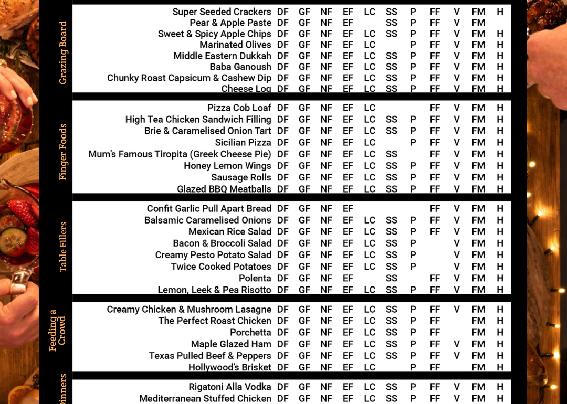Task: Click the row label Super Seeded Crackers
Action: tap(222, 12)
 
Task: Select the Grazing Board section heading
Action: tap(63, 52)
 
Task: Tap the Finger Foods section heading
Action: tap(63, 152)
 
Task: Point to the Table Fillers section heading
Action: tap(63, 247)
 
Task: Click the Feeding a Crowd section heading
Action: tap(57, 330)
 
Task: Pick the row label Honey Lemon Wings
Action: tap(227, 166)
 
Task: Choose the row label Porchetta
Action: tap(250, 332)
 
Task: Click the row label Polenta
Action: tap(255, 278)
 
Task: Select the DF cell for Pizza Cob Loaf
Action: tap(283, 108)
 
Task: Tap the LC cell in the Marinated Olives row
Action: tap(370, 45)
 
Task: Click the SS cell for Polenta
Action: tap(392, 278)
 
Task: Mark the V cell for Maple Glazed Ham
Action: tap(457, 344)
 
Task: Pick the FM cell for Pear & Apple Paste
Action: tap(478, 23)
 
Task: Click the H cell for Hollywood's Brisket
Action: tap(500, 367)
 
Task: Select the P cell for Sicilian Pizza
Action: tap(413, 142)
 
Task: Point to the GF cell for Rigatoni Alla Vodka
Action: tap(304, 387)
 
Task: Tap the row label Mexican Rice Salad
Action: tap(230, 231)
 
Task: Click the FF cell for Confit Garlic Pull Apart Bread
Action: tap(435, 208)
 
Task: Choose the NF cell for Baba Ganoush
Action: tap(327, 67)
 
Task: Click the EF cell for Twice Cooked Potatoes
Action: tap(348, 267)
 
